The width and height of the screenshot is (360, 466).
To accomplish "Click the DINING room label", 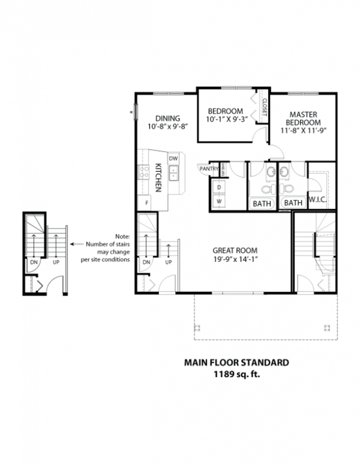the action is tap(168, 118).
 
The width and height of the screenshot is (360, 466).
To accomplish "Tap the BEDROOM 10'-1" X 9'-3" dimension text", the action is tap(227, 120).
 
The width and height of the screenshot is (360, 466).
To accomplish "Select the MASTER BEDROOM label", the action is tap(303, 118).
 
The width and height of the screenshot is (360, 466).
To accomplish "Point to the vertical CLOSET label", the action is tap(264, 107).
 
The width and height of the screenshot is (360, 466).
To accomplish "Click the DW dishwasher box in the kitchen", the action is tap(174, 159).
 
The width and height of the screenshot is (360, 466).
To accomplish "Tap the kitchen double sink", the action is tap(174, 173).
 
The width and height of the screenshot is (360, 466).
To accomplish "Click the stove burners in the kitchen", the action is tap(144, 172).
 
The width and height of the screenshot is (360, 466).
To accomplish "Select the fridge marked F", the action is tap(147, 203).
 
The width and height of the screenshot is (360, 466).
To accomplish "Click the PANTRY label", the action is tap(209, 169).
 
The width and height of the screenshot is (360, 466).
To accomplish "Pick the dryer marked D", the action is tap(220, 187).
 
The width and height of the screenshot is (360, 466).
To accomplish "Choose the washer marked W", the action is tap(220, 201).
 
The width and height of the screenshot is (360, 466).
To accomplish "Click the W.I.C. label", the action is tap(318, 199).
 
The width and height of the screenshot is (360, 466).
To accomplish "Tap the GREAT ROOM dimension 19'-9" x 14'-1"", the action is tap(235, 259).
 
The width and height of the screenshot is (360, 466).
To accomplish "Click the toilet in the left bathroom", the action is tap(268, 188).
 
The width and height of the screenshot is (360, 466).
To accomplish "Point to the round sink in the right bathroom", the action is tap(284, 171).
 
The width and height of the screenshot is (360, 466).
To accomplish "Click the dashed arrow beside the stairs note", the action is tap(77, 244).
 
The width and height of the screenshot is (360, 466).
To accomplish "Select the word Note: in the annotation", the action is tap(122, 237).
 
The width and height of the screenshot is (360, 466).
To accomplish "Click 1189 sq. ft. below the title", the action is tap(237, 374).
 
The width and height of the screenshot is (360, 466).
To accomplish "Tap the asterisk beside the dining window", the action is tap(131, 113).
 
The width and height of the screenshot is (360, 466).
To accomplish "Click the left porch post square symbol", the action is tap(197, 328).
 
